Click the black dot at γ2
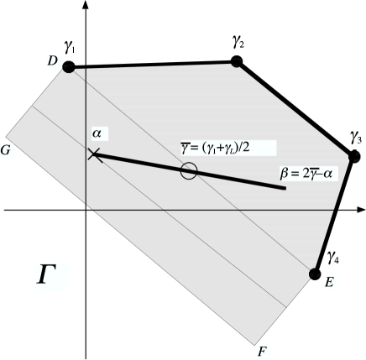pos(236,61)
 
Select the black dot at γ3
pos(354,156)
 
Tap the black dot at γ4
pos(315,274)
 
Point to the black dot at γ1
pos(69,67)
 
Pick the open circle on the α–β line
pos(189,171)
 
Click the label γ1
pos(69,48)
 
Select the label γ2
pos(238,40)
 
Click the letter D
pos(51,64)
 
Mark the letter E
pos(329,282)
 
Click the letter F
pos(263,347)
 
